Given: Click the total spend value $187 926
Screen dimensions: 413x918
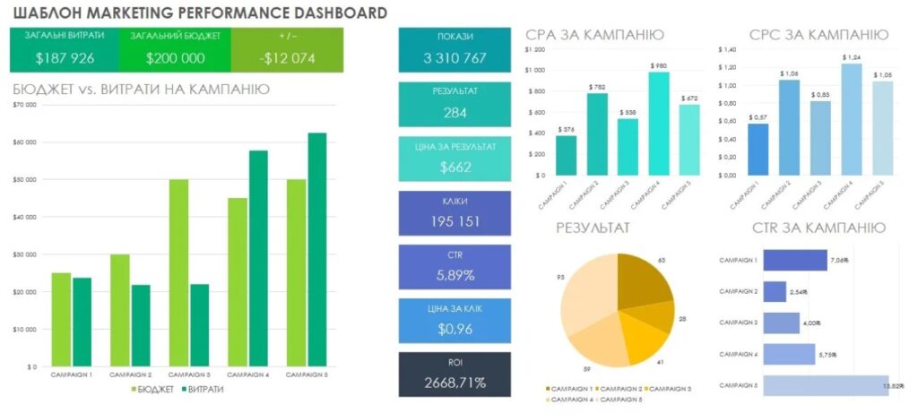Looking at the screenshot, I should [65, 58].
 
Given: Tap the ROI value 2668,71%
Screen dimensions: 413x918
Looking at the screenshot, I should [455, 383].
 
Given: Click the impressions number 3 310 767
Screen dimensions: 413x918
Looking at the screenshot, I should [455, 58].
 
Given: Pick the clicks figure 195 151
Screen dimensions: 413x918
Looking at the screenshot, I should [455, 220].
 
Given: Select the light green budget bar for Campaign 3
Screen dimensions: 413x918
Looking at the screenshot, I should [179, 272].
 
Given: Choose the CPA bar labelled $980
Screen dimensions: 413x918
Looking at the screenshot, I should [659, 124].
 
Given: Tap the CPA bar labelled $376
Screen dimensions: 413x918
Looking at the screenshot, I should [566, 155].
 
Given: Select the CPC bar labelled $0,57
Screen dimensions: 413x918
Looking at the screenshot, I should [758, 149].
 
